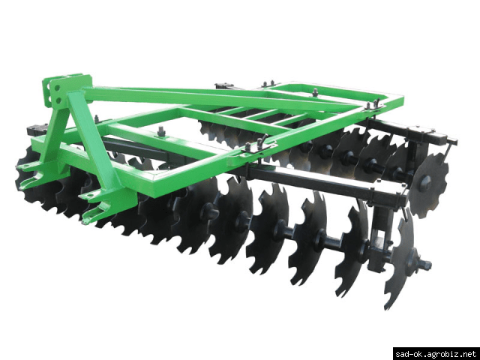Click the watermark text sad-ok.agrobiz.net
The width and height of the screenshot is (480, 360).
[x=436, y=354]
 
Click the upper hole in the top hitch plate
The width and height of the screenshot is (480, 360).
[x=58, y=88]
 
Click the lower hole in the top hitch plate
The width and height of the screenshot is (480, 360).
[x=58, y=100]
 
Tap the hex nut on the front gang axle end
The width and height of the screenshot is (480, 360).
[x=426, y=264]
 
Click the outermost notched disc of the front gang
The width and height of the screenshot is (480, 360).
[x=400, y=259]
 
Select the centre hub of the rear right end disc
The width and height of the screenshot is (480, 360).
[x=425, y=184]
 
